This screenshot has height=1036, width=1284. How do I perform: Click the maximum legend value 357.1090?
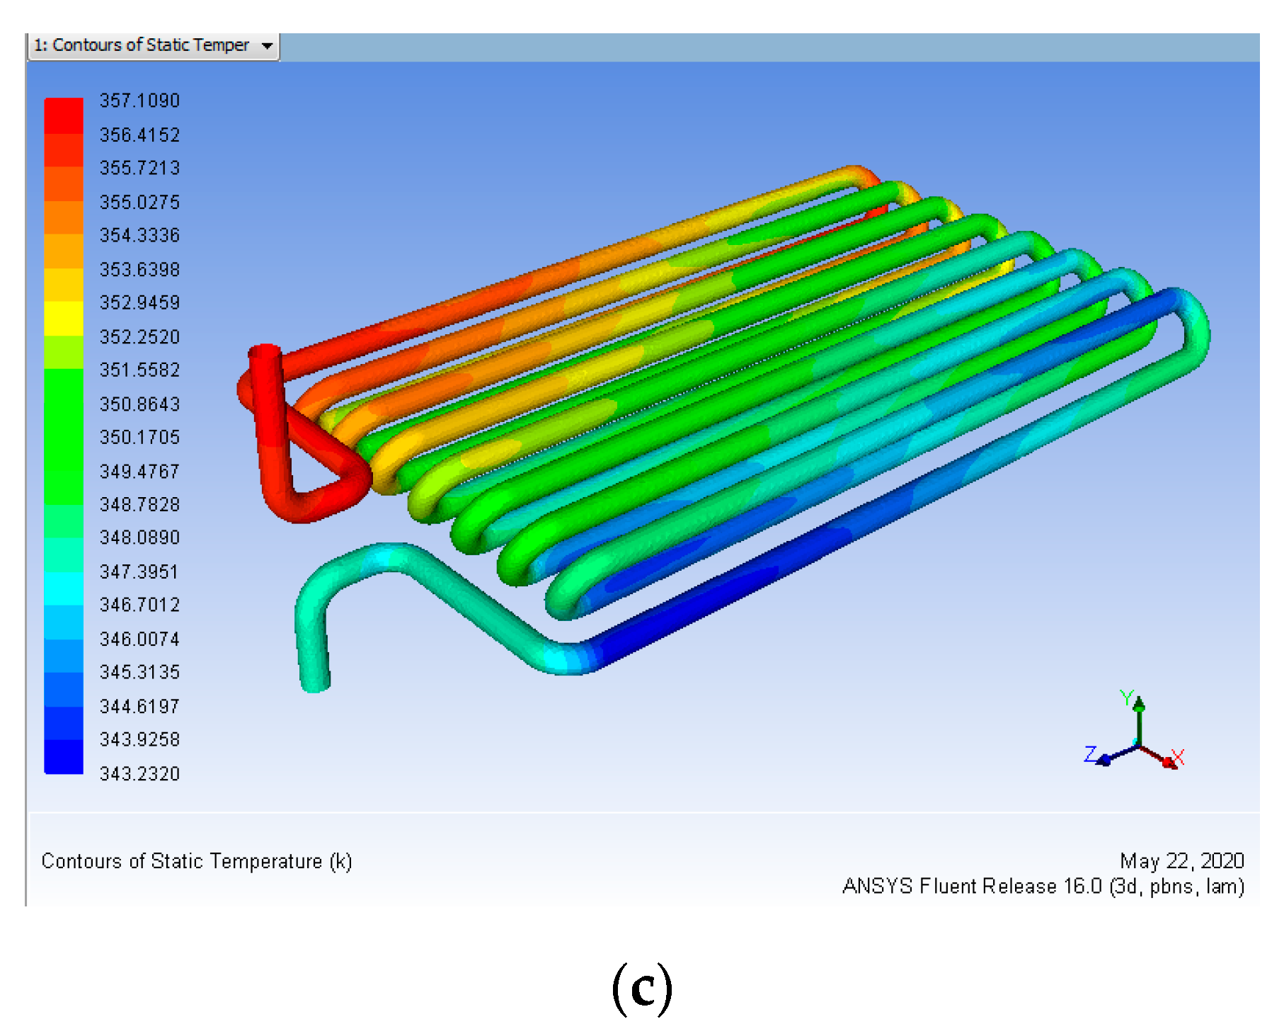coord(139,101)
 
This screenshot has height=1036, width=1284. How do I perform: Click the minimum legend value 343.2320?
coord(139,773)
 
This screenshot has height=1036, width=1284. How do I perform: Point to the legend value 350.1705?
coord(139,437)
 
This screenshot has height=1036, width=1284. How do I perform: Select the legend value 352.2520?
coord(139,336)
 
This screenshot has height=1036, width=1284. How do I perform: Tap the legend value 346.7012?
coord(139,605)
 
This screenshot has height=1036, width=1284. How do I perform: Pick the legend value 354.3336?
coord(139,235)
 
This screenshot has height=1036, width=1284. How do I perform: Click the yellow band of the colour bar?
coord(64,319)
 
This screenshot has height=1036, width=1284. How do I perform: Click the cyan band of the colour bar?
coord(64,588)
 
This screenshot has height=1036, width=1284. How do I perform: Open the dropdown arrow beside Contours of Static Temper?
coord(267,46)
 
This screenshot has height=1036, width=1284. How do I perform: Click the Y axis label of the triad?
coord(1127,698)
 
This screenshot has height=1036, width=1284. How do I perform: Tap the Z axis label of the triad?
coord(1091,753)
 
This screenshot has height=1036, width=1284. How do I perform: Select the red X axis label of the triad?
coord(1178,757)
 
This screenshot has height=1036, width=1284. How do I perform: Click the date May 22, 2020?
coord(1181,861)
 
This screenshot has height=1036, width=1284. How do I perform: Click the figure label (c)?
coord(642,988)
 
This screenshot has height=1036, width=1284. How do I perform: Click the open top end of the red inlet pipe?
coord(264,351)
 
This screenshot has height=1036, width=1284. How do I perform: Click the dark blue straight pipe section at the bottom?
coord(743,581)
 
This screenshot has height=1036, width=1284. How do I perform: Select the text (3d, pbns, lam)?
coord(1176,887)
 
